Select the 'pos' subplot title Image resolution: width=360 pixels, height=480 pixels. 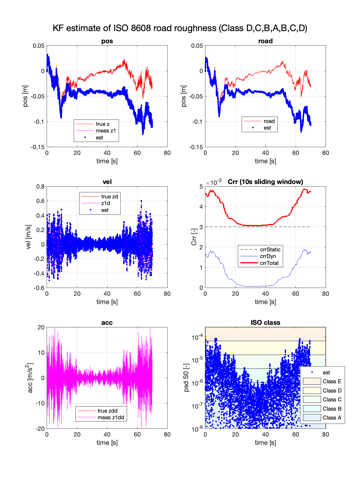coord(107,41)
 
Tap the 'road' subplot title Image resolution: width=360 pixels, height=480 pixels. coord(265,41)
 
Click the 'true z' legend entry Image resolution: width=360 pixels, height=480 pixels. coord(103,124)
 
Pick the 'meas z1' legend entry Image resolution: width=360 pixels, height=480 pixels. coord(106,131)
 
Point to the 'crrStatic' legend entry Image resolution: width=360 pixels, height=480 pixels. coord(270,250)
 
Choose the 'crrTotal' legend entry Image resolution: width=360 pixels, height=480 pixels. coord(269,263)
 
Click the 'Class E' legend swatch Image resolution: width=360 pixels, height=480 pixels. coord(312,382)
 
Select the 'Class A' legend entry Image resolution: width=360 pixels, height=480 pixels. coord(332,418)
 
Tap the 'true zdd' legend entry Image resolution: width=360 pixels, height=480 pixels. coord(107,411)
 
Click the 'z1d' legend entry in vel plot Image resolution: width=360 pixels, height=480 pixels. coord(105,203)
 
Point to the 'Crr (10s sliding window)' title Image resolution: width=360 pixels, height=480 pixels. coord(265,182)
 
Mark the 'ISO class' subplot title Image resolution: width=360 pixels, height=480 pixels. coord(265,323)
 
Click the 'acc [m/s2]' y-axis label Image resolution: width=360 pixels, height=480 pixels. coord(29,378)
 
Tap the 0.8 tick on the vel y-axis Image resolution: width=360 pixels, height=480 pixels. coord(41,187)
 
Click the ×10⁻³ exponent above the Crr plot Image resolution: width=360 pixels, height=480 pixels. coord(213,183)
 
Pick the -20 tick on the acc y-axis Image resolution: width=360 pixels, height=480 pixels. coord(40,429)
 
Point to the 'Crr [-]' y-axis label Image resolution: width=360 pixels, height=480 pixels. coord(194,237)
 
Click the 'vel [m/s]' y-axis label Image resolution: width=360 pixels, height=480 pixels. coord(28,237)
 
